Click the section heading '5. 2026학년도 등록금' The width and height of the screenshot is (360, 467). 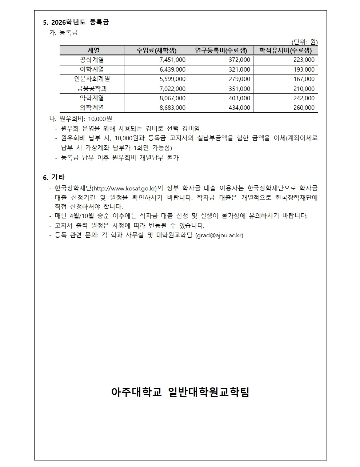coord(76,23)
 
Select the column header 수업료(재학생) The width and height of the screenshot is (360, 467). coord(156,51)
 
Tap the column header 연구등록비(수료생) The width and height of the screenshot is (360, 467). coord(221,51)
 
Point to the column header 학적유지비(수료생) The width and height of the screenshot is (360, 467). coord(285,51)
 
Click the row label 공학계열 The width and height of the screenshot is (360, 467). coord(92,60)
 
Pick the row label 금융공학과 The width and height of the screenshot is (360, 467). coord(92,89)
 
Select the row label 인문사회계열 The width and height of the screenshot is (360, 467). coord(92,79)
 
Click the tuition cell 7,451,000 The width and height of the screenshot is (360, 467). coord(172,60)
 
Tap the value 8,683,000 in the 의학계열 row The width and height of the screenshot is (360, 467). coord(172,108)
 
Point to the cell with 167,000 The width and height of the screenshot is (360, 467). coord(304,79)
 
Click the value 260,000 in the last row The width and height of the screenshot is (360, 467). coord(304,108)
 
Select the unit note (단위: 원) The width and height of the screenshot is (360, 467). coord(304,42)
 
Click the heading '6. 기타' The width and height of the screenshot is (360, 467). coord(54,177)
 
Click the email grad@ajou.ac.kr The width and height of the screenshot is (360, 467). coord(219,235)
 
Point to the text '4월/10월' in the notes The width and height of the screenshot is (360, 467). coord(82,216)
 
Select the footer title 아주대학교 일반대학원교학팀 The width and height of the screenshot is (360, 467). coord(180,392)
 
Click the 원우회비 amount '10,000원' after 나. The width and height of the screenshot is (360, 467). coord(100,119)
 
